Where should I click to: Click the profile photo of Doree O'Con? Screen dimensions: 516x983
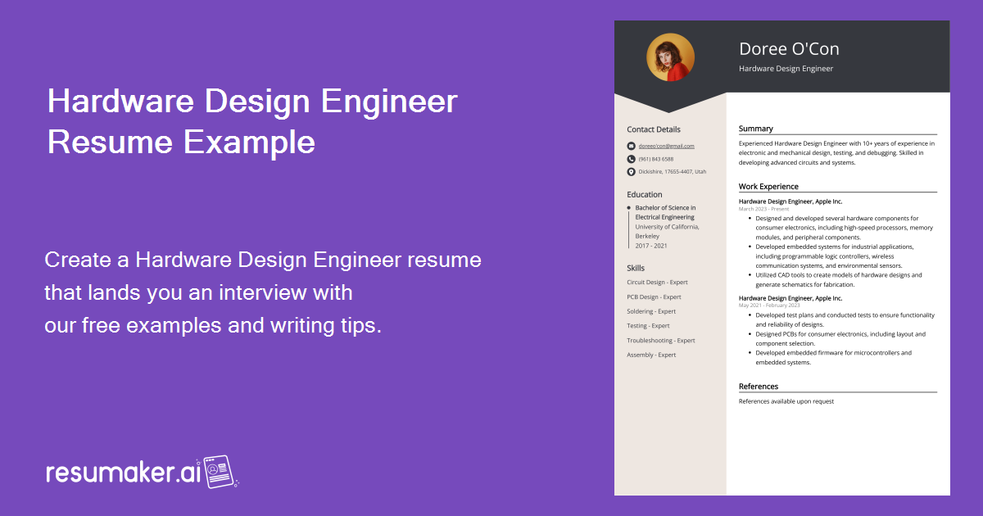pos(670,57)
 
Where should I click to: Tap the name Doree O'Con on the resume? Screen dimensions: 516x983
pos(789,49)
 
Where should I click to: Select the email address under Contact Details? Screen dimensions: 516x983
pos(666,146)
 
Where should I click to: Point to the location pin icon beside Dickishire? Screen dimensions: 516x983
pos(631,172)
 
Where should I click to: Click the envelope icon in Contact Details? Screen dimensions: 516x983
pos(631,146)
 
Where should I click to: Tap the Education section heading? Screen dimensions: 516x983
pos(645,194)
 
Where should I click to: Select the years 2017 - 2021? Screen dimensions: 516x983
pos(651,246)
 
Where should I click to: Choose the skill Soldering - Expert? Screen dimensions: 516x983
pos(651,311)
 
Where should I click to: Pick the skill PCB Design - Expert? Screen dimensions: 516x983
pos(654,297)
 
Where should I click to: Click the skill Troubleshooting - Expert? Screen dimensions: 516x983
pos(660,341)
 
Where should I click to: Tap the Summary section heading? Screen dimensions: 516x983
pos(756,129)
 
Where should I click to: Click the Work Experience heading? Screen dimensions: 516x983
pos(768,187)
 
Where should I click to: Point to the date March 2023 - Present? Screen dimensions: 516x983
pos(764,209)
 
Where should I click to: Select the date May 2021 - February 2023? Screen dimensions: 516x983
pos(769,306)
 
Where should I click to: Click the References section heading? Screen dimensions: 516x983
pos(759,387)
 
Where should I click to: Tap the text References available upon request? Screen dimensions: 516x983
pos(786,401)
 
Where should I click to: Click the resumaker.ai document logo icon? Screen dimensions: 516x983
pos(219,472)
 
